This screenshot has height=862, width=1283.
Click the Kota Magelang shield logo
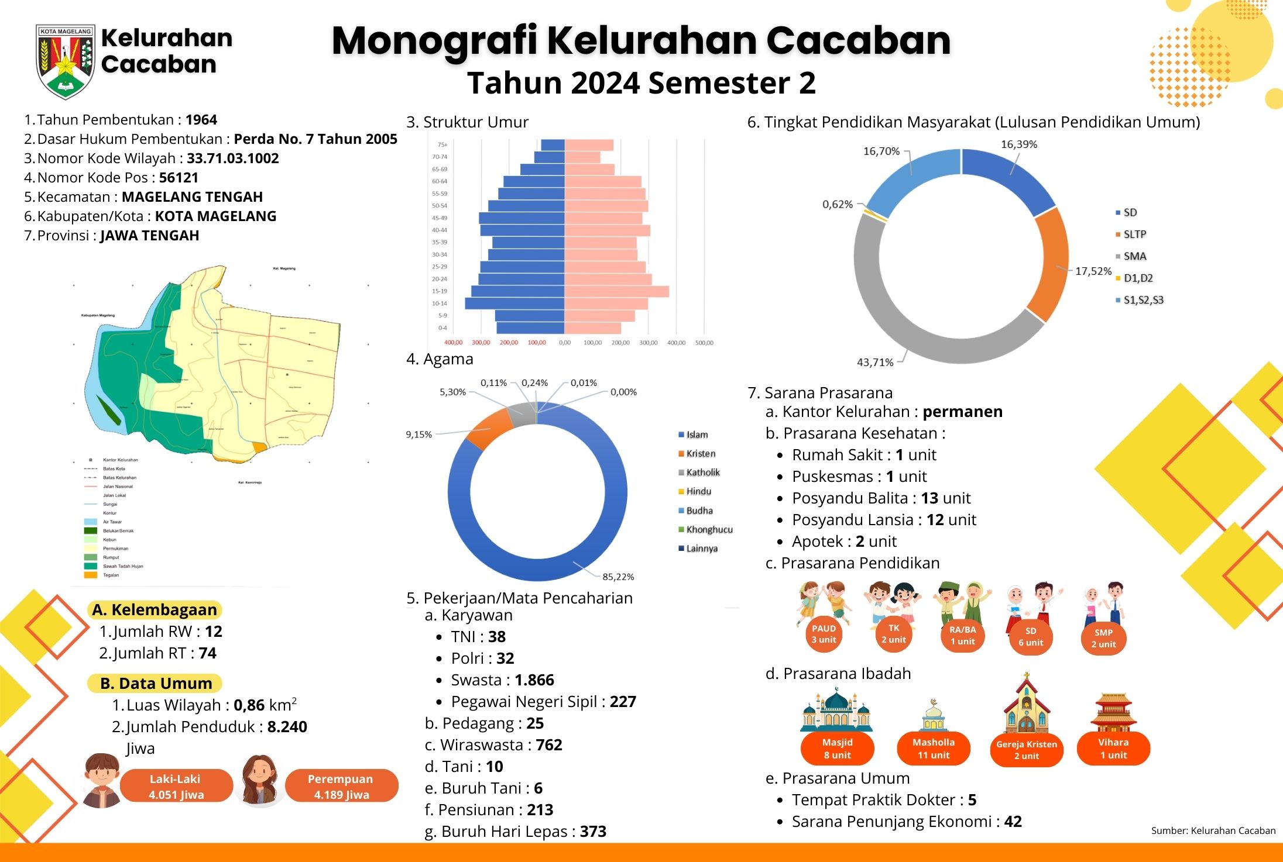coord(65,61)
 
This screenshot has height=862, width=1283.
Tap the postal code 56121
coord(179,178)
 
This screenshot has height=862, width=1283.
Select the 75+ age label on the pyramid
coord(442,144)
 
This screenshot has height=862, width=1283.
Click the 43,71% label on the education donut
coord(875,363)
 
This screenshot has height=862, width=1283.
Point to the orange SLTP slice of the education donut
coord(1048,263)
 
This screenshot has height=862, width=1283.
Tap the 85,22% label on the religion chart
coord(618,577)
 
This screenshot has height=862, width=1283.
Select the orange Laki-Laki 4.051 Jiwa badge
coord(176,786)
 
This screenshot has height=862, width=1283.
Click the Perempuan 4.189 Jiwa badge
coord(341,786)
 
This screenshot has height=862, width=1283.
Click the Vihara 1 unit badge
coord(1113,749)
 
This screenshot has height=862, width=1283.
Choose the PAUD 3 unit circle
coord(824,634)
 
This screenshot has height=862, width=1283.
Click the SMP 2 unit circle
coord(1103,638)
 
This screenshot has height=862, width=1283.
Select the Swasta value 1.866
coord(534,680)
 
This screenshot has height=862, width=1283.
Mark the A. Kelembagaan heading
coord(155,610)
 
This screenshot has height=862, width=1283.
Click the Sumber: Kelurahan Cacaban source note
coord(1213,830)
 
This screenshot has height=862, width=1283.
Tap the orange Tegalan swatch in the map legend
coord(90,575)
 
